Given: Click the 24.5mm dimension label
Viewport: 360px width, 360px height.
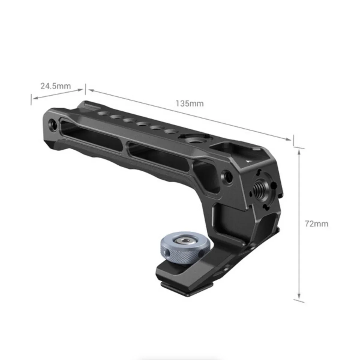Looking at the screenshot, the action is click(x=56, y=86).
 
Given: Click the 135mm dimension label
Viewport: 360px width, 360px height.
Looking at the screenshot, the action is click(x=190, y=103).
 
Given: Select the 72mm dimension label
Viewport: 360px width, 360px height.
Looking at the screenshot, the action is click(x=316, y=223).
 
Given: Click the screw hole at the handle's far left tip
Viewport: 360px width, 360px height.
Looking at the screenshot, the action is click(x=52, y=124).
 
